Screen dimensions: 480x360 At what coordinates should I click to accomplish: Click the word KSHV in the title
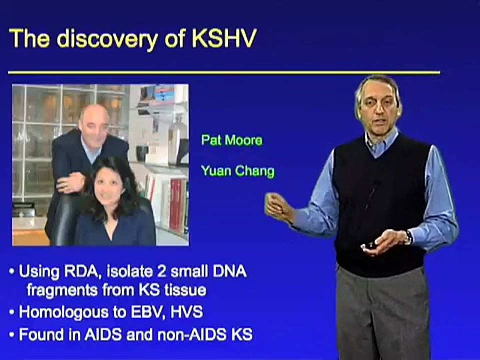click(224, 39)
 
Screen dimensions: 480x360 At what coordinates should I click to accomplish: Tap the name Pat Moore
click(232, 140)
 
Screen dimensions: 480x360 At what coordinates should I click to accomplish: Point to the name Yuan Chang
click(238, 171)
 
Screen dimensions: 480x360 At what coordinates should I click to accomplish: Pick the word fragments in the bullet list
click(63, 290)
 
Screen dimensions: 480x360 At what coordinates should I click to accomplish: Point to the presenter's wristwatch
click(408, 237)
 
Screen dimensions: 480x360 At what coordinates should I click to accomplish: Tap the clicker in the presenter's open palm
click(369, 245)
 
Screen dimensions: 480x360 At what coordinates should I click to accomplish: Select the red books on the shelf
click(176, 205)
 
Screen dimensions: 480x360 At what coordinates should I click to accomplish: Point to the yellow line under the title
click(224, 73)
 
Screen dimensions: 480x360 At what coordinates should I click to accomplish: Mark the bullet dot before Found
click(11, 335)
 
